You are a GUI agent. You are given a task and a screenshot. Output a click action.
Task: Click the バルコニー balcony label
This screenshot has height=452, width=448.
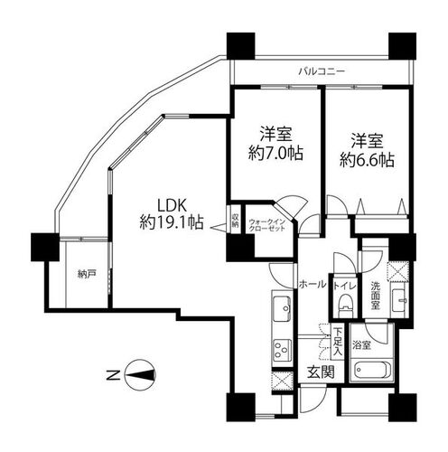(322, 71)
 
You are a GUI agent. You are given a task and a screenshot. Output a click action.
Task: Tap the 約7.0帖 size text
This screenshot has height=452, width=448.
(275, 154)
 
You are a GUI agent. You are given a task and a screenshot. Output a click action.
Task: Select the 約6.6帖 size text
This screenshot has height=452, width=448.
(367, 160)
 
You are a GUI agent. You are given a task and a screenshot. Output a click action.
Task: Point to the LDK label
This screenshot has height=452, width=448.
(173, 206)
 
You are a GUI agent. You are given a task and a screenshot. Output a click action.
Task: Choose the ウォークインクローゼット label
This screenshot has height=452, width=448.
(266, 225)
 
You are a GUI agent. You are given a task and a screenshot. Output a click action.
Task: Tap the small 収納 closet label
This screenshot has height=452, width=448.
(235, 220)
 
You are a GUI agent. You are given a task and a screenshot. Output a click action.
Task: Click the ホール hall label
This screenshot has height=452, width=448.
(313, 284)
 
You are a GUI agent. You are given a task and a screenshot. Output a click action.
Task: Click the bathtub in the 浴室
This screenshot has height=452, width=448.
(372, 369)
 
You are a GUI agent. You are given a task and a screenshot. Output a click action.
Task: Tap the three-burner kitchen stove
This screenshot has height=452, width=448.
(283, 350)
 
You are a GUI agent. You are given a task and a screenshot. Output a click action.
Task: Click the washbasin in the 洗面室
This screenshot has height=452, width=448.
(399, 301)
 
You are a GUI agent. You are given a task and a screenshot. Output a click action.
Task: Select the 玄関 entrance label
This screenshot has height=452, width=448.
(321, 372)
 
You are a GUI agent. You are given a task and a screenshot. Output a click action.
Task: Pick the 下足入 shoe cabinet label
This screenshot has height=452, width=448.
(338, 342)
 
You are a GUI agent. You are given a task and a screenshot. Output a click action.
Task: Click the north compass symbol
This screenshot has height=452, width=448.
(140, 375)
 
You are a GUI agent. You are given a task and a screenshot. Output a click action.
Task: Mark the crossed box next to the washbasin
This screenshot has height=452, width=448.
(397, 271)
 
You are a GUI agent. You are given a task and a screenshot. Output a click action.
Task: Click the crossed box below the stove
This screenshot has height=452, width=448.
(282, 381)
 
